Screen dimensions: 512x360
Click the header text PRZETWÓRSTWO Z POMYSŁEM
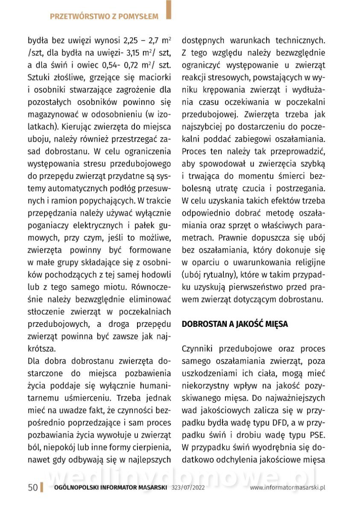point(104,17)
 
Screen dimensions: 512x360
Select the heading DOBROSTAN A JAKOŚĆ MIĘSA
point(234,324)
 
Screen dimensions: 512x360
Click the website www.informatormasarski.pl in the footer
point(288,488)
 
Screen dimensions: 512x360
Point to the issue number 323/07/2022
point(188,488)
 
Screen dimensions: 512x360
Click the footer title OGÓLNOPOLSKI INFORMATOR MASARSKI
point(110,488)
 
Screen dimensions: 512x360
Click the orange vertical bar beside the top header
point(169,10)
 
